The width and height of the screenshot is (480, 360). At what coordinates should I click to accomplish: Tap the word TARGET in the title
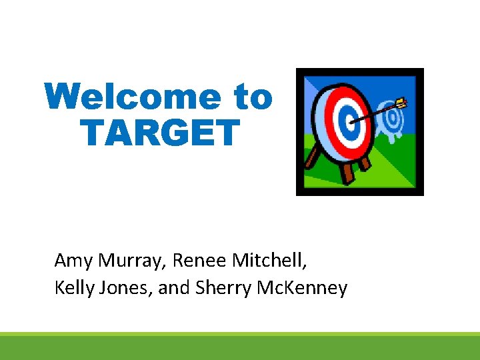tap(159, 132)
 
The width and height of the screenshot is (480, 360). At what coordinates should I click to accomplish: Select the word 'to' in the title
tap(253, 98)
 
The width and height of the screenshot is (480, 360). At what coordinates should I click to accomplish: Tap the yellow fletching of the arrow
tap(401, 103)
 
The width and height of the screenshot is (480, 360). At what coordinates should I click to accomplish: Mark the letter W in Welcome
tap(59, 98)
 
